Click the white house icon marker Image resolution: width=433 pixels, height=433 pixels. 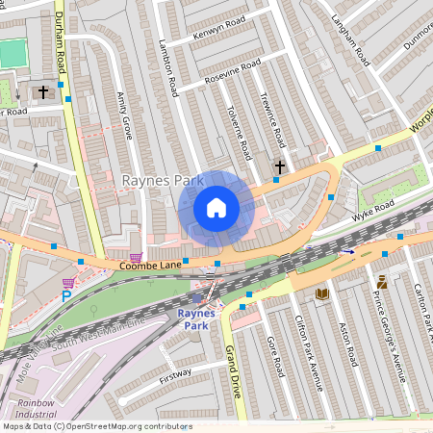tap(216, 207)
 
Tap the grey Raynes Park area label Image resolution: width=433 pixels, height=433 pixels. tap(157, 180)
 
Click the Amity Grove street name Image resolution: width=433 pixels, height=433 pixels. tap(123, 115)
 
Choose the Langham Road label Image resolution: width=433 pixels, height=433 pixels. tap(350, 38)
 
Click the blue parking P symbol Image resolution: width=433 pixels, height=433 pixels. tap(66, 297)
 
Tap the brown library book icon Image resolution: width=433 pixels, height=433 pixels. tap(322, 293)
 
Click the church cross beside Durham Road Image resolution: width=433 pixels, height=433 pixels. tap(42, 92)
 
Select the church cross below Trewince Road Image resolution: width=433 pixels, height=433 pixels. tap(280, 167)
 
